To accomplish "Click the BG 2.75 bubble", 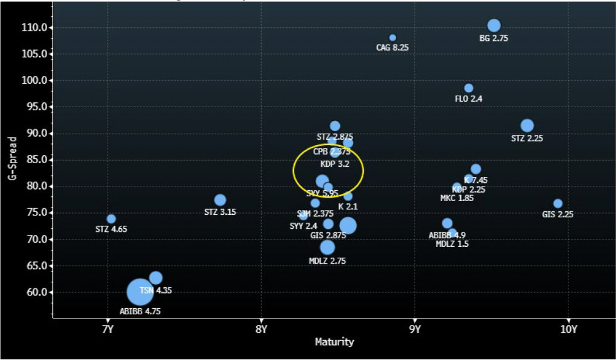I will click(494, 25).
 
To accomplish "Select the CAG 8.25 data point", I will click(393, 38).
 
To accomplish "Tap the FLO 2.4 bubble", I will click(469, 88).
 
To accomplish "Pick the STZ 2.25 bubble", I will click(527, 126).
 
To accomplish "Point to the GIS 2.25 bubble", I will click(558, 203).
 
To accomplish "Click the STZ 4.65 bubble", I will click(111, 219).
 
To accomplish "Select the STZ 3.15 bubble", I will click(220, 200).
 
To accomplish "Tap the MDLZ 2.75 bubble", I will click(327, 247).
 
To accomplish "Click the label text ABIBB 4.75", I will click(140, 312).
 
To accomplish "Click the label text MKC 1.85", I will click(457, 199).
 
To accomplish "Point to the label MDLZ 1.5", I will click(452, 244).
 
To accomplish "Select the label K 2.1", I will click(348, 206).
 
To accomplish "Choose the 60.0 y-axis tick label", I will click(40, 293).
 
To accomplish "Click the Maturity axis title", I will click(334, 342).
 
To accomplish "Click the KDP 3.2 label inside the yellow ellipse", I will click(334, 164).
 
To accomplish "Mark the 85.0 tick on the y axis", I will click(40, 160).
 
